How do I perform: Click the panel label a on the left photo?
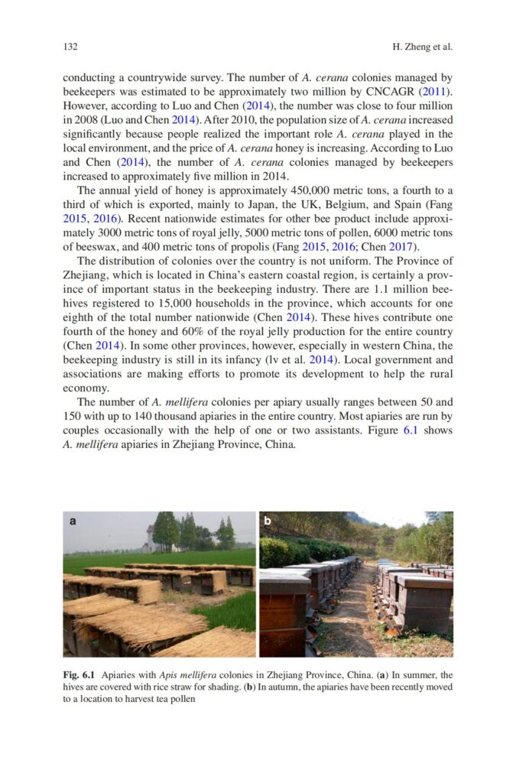[x=73, y=521]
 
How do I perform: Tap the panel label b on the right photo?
[x=268, y=521]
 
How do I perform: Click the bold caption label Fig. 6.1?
[x=79, y=675]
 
